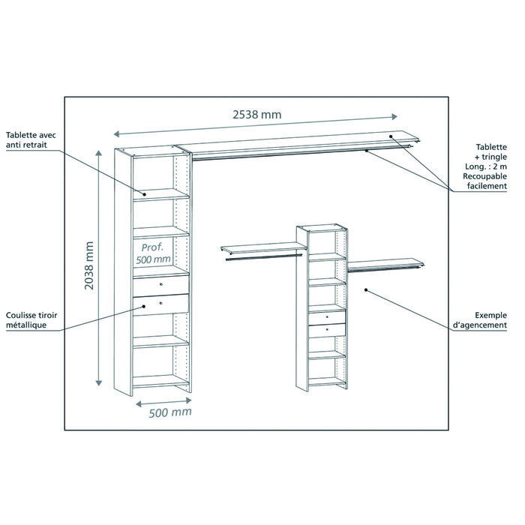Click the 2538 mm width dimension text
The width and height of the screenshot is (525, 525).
pos(256,114)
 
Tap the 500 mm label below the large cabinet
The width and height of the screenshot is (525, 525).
pos(169,412)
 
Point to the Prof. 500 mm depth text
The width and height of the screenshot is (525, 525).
pos(155,253)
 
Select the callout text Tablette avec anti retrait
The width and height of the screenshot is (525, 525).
pos(31,140)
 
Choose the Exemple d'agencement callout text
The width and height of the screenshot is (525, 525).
pos(480,320)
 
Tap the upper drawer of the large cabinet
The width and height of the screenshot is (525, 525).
pos(161,286)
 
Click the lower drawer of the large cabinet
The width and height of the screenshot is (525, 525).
pos(161,303)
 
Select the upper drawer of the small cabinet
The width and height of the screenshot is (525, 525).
pos(327,316)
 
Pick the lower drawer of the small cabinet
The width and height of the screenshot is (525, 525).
pos(327,330)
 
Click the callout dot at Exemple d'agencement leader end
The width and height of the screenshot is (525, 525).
pos(365,289)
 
